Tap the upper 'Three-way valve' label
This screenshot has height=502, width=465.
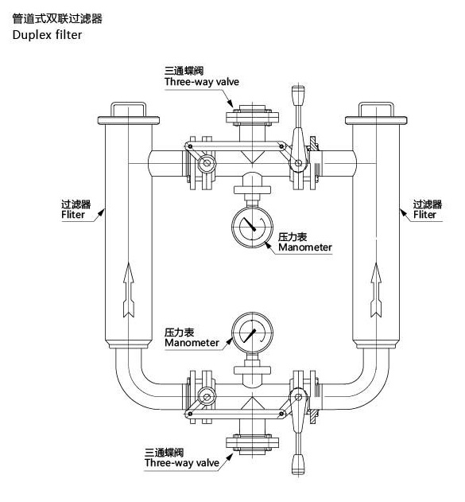point(201,82)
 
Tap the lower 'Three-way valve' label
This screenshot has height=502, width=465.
point(181,462)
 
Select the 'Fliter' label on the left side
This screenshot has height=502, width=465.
point(78,215)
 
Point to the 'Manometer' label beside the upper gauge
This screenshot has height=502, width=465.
point(304,248)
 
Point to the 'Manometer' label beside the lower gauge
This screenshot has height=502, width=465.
point(192,343)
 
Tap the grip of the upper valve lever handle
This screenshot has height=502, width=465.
point(300,99)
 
